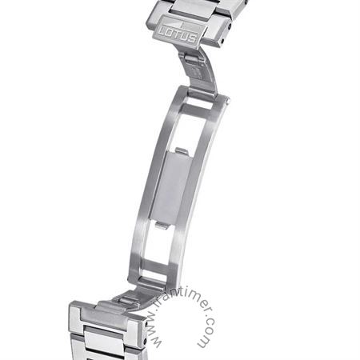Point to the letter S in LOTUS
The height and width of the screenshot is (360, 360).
click(192, 38)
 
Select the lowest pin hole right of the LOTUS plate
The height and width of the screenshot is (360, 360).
click(222, 42)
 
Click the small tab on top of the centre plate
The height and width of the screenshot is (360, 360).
click(182, 151)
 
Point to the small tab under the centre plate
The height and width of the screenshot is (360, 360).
click(162, 226)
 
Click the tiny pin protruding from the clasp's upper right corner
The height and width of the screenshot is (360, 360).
click(228, 101)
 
